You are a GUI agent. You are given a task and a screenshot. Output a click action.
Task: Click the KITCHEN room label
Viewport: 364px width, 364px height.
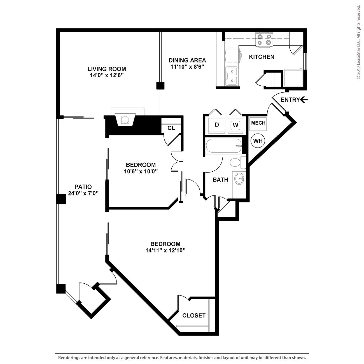coord(262,57)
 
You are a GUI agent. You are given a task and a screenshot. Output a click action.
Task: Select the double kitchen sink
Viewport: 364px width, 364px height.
coord(232,76)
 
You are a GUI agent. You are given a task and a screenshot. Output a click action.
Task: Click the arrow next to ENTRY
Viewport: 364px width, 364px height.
coord(304,99)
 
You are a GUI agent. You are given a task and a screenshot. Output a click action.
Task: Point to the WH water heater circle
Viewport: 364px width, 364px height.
coord(258,141)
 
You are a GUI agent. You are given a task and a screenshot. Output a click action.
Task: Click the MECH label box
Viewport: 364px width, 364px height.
coord(258,123)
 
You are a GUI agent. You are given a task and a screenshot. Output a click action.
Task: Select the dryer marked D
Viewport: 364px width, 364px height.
coord(217,125)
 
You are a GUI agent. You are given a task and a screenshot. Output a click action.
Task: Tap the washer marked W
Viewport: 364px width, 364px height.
coord(235,125)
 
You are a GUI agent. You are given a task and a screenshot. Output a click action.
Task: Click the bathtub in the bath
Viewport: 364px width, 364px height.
coord(223,146)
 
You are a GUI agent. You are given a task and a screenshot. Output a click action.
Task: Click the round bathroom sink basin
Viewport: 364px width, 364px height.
coord(239,178)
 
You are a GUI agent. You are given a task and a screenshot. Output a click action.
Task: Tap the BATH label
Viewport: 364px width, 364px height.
coord(220,180)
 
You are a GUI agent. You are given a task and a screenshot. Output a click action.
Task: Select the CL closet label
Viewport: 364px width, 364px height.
coord(171,128)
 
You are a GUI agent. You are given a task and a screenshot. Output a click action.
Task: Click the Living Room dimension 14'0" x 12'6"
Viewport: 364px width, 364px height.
coord(107,76)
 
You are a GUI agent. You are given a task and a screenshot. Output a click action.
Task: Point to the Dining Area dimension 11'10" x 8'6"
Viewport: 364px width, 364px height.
coord(187,67)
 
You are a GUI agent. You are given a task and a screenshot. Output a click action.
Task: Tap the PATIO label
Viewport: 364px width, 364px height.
coord(83,187)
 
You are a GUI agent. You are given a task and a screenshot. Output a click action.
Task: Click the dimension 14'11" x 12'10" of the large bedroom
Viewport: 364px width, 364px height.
coord(165,250)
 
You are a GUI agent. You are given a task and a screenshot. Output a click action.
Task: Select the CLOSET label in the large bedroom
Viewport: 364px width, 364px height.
coord(194,316)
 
